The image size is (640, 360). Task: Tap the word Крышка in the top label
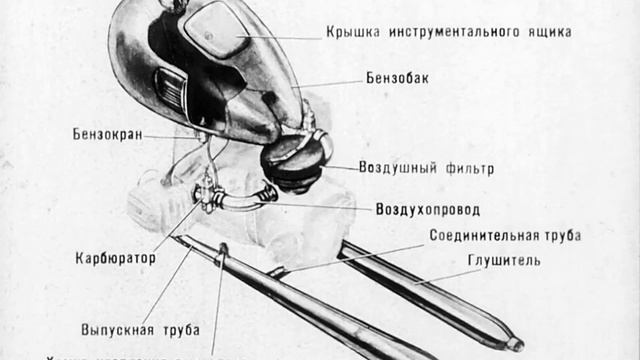[x=350, y=32]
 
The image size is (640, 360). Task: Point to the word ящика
[x=549, y=32]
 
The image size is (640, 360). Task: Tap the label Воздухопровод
[x=427, y=210]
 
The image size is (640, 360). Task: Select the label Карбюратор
[x=115, y=258]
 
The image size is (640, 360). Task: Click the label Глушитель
[x=504, y=261]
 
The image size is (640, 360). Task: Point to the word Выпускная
[x=118, y=329]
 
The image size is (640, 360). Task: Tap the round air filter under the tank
[x=293, y=158]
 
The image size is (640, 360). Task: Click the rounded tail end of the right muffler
[x=513, y=343]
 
